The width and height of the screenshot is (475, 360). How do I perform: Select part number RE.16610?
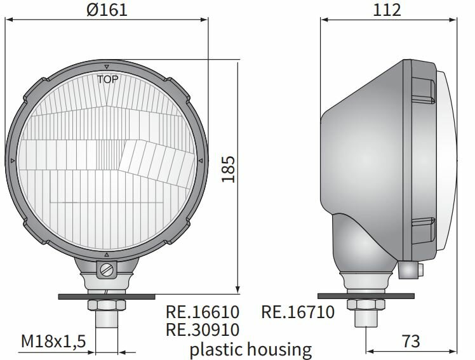pos(202,312)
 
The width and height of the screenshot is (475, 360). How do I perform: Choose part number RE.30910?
pos(202,330)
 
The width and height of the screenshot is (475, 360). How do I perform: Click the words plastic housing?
pos(251,348)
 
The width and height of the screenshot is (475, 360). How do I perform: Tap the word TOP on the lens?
pos(107,79)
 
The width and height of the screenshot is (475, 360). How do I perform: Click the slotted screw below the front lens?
pos(107,270)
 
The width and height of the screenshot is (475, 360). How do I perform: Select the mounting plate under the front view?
pos(107,296)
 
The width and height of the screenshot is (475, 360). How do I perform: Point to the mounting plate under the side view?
pos(370,296)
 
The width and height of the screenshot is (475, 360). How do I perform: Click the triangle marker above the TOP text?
pos(107,67)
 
